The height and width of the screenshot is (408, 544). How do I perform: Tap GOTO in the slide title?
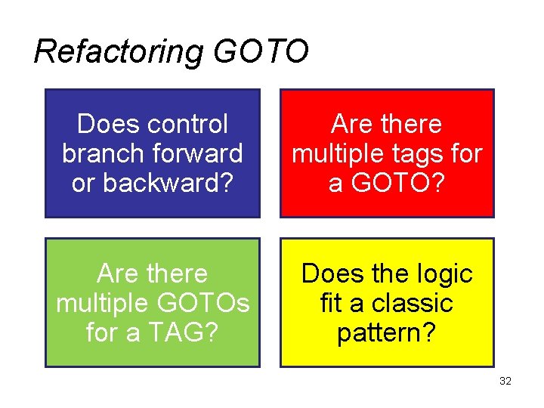point(261,52)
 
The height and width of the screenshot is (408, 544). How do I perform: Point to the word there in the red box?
point(412,124)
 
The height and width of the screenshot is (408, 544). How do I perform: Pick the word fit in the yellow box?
point(331,303)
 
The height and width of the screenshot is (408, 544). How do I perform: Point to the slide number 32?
point(505,382)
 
